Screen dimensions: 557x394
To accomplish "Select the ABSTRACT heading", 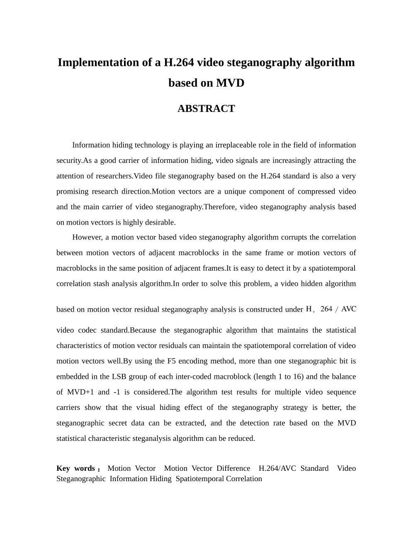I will (206, 109).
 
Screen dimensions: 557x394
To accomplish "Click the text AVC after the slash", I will (348, 309).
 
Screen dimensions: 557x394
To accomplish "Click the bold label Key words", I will (76, 468).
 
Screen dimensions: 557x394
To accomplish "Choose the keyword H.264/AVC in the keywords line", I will (277, 468).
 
